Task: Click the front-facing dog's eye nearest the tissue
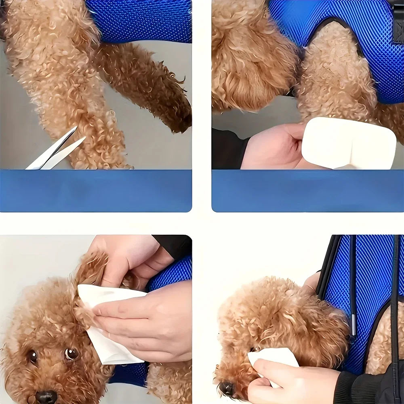pos(72,354)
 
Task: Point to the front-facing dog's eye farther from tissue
pos(32,356)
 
